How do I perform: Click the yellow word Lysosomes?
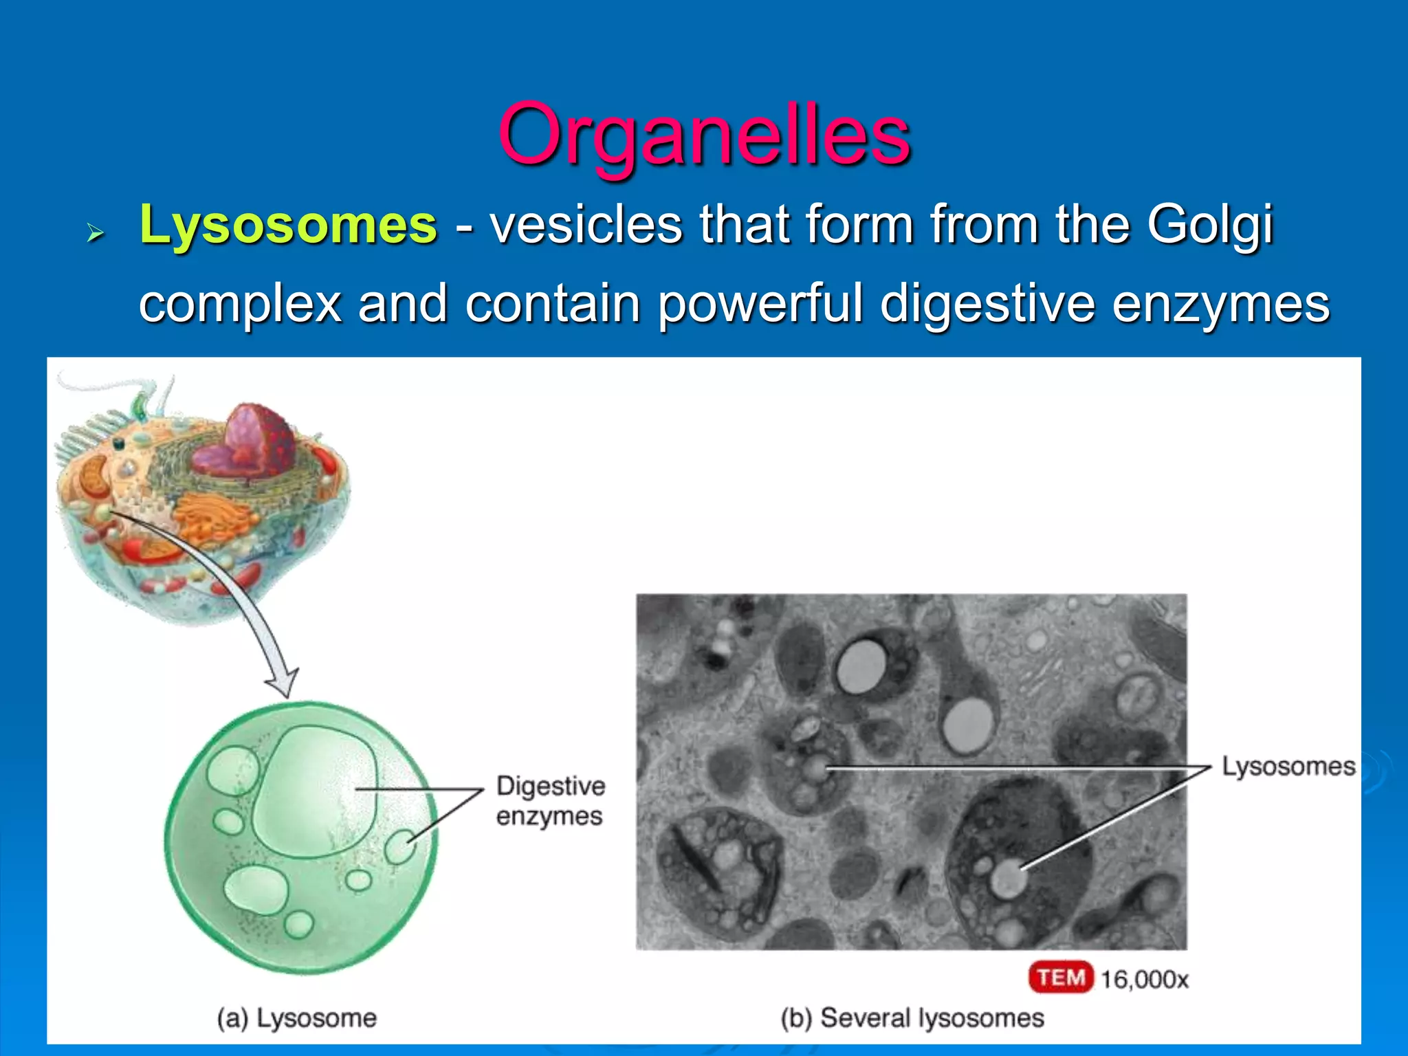pos(288,225)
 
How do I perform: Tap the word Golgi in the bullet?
pos(1209,225)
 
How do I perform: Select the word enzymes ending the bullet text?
pos(1220,304)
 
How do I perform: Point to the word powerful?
pos(760,304)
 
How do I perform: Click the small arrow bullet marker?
pos(95,234)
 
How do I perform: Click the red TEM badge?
pos(1060,977)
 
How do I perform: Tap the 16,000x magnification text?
pos(1145,979)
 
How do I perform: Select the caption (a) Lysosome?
pos(297,1018)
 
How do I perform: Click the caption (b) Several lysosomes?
pos(912,1018)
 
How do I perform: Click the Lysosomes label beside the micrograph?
pos(1288,766)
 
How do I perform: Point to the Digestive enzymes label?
pos(550,801)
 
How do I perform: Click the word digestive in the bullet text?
pos(987,304)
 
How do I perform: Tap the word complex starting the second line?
pos(240,304)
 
